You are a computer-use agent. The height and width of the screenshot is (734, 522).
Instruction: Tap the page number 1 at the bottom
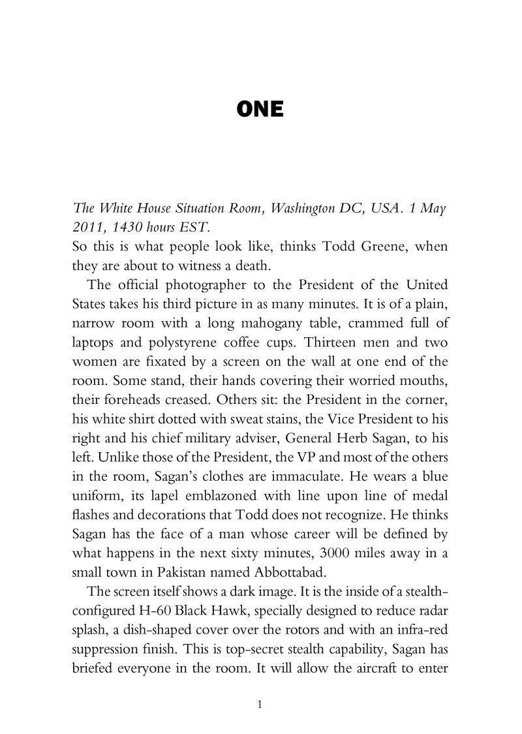click(x=260, y=704)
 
